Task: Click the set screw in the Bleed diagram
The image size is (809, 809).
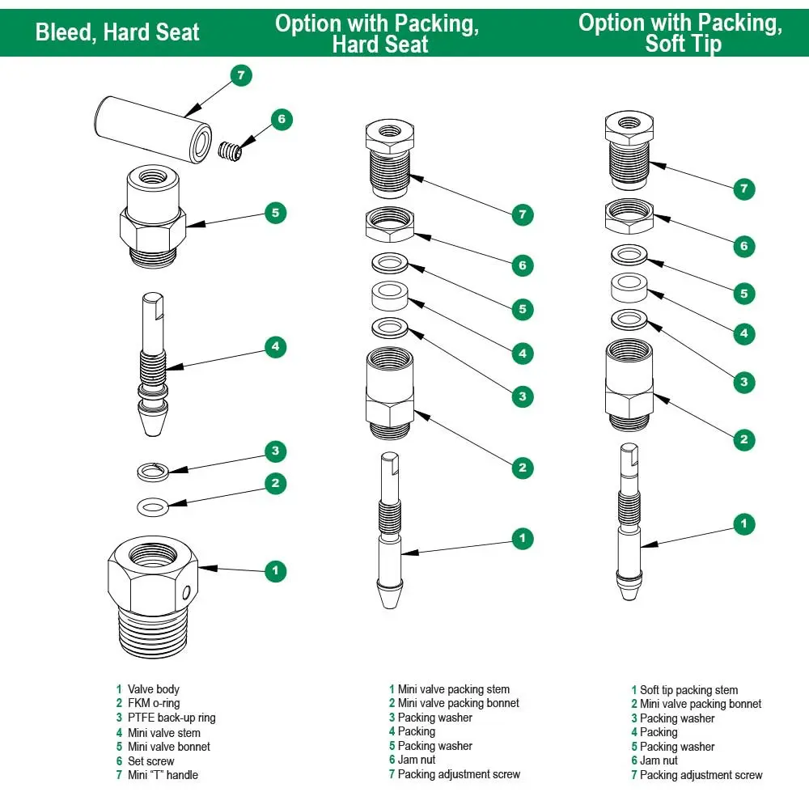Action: coord(230,150)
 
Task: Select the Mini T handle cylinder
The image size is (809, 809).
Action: coord(153,130)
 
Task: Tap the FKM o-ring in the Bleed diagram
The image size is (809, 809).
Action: coord(153,507)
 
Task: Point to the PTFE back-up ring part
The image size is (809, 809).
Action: coord(153,472)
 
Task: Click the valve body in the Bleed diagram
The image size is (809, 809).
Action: coord(153,597)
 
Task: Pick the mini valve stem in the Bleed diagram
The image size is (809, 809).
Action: coord(153,365)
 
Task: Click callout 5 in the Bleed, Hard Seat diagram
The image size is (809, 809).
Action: coord(276,213)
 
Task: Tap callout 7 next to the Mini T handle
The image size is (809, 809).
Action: coord(241,76)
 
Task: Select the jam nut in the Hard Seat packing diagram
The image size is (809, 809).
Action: coord(390,224)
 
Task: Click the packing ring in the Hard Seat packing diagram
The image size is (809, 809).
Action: coord(390,295)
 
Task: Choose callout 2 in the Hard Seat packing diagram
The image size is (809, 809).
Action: coord(523,468)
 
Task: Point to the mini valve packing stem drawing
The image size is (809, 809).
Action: coord(390,531)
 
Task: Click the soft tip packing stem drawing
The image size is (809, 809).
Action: coord(629,522)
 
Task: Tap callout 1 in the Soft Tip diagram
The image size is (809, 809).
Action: coord(744,524)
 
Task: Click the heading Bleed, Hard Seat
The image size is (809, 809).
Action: coord(117,32)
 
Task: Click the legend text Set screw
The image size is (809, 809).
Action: coord(151,761)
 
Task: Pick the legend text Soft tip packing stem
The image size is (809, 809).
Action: coord(688,690)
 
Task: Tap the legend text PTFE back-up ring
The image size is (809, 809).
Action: coord(172,718)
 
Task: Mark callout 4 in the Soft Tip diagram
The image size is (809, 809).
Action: coord(744,333)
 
